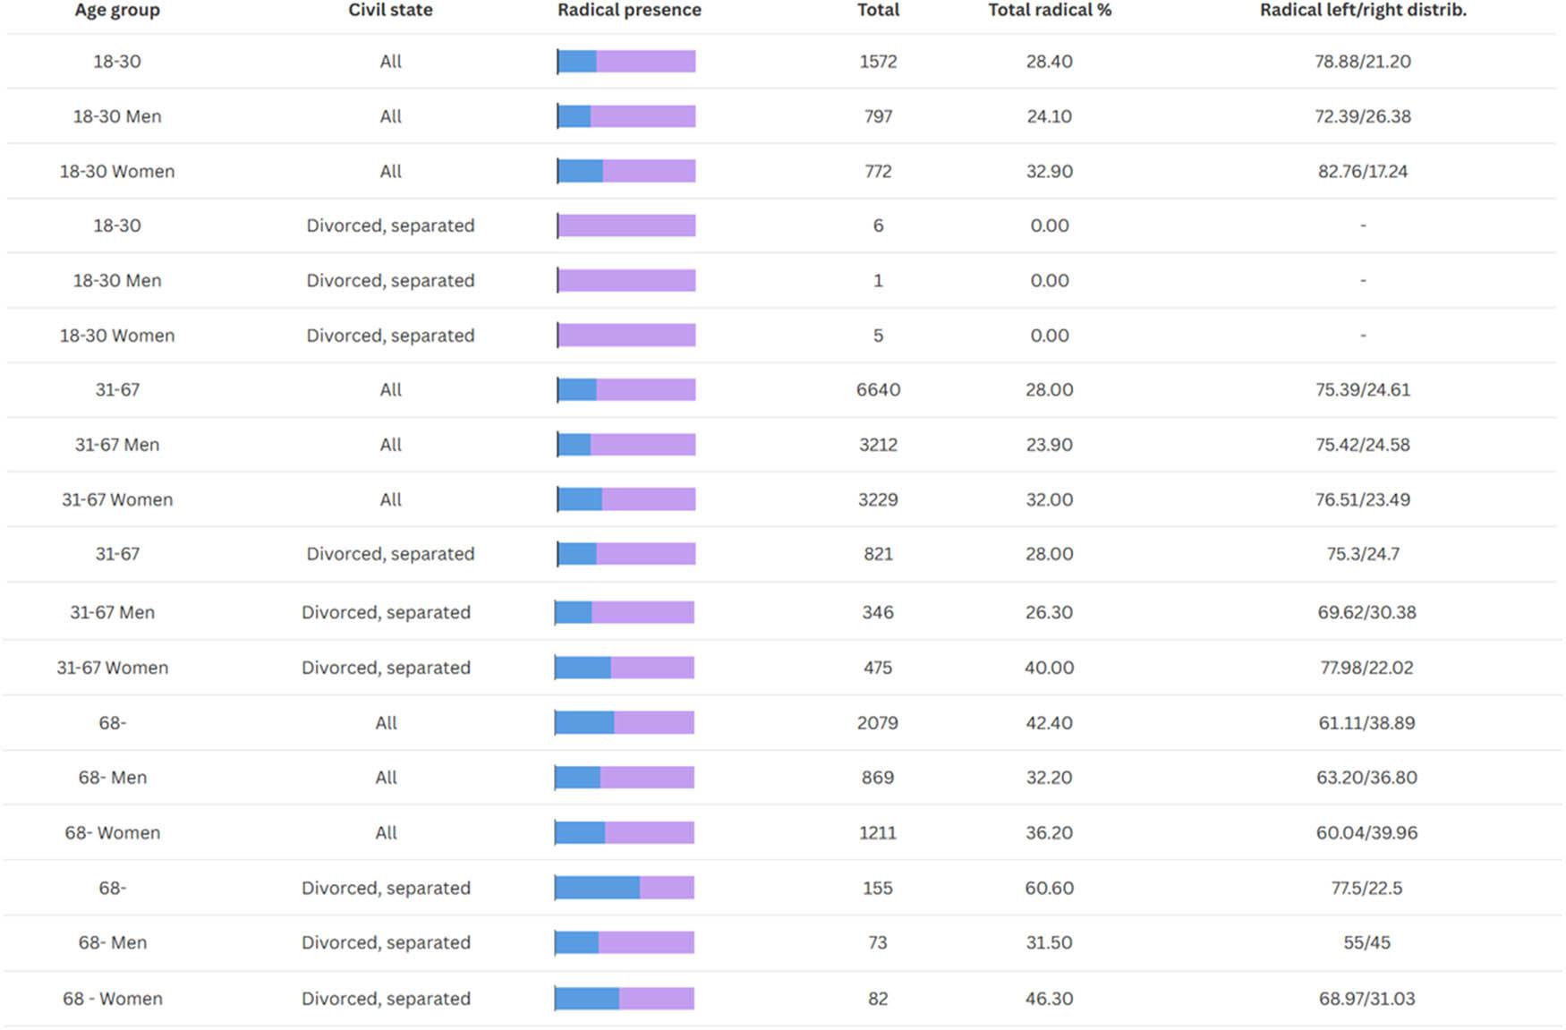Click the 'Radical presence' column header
(x=629, y=11)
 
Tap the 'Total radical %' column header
(x=1049, y=11)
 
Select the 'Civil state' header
(x=390, y=11)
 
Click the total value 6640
(x=878, y=390)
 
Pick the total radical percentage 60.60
(x=1049, y=888)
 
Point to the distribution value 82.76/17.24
(x=1362, y=171)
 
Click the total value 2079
(x=877, y=723)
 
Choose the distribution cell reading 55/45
(x=1366, y=942)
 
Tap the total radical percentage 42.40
(x=1049, y=723)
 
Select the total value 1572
(x=878, y=62)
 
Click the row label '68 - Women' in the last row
(x=113, y=999)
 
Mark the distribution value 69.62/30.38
(x=1366, y=613)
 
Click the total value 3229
(x=878, y=499)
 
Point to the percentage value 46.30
(x=1049, y=999)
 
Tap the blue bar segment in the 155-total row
(x=597, y=888)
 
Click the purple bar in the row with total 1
(x=626, y=281)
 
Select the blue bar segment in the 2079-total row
(x=584, y=723)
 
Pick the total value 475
(x=877, y=668)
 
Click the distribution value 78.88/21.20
(x=1362, y=62)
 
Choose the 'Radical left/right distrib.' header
(x=1363, y=11)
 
